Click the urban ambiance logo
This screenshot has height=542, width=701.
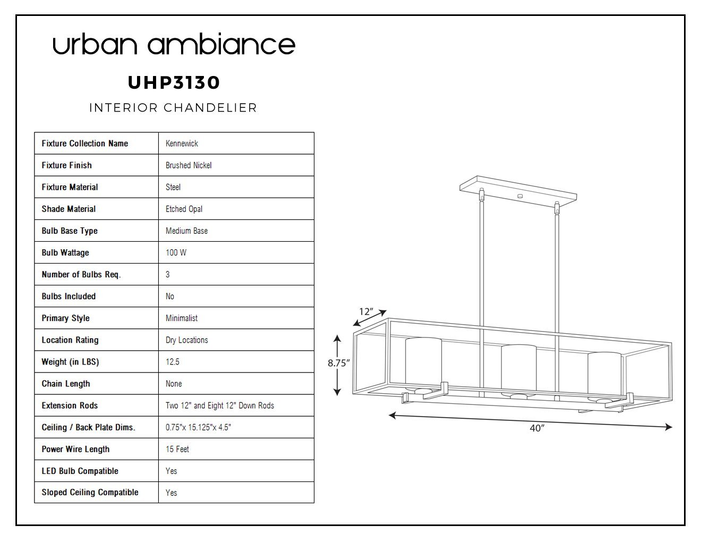[x=174, y=44]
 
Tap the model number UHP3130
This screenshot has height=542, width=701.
[x=174, y=83]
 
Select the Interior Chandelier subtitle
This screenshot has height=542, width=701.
[x=173, y=107]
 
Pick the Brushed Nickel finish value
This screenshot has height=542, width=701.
[x=189, y=165]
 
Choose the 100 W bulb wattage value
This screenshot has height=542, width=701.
[x=176, y=252]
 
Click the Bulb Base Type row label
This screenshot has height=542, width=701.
[x=70, y=231]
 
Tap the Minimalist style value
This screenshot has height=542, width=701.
[x=181, y=318]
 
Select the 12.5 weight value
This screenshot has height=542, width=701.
[x=172, y=361]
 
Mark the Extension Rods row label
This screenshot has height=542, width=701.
[x=70, y=405]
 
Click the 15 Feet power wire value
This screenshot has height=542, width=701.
[x=177, y=449]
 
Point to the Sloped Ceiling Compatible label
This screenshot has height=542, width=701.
[x=90, y=492]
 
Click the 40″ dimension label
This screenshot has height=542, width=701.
[x=537, y=428]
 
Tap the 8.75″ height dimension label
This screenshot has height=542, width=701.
[x=338, y=363]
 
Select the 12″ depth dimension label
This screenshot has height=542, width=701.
[x=366, y=311]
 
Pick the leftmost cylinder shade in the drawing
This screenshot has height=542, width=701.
[x=423, y=363]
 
